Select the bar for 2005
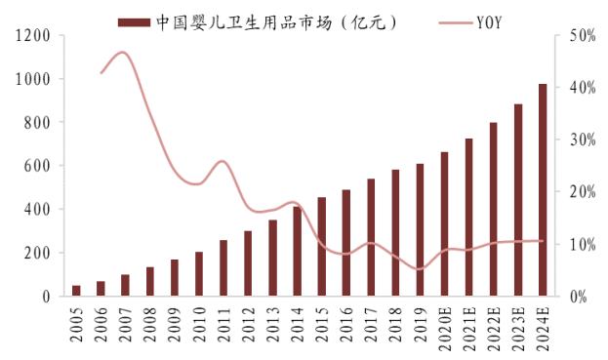[76, 290]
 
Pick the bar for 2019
[420, 229]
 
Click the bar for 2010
[199, 273]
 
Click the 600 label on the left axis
[36, 166]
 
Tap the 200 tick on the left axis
[36, 253]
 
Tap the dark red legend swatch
[133, 20]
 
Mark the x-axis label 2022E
[494, 327]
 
